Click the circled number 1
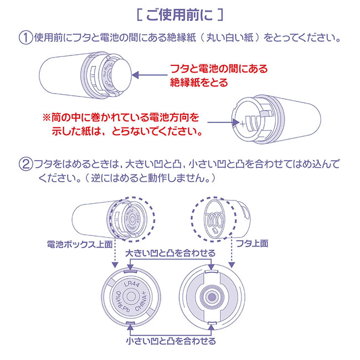[x=26, y=39]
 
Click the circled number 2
[x=26, y=164]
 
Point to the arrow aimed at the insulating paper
[x=150, y=76]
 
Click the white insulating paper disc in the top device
[x=119, y=75]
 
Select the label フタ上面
[x=251, y=244]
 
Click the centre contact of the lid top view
[x=210, y=298]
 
